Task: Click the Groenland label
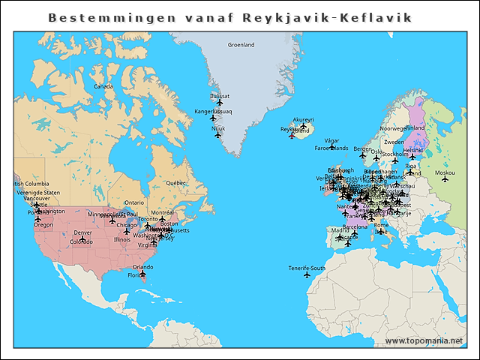click(241, 44)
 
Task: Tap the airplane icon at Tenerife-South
click(307, 275)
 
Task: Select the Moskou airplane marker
click(445, 179)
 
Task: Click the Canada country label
click(103, 86)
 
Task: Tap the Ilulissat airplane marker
click(220, 103)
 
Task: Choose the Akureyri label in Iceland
click(303, 119)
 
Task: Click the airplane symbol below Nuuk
click(218, 135)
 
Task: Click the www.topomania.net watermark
click(424, 341)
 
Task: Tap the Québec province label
click(175, 182)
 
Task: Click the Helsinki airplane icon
click(412, 157)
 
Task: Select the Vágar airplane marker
click(331, 147)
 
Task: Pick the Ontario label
click(134, 202)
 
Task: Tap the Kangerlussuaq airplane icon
click(213, 118)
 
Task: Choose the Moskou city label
click(445, 172)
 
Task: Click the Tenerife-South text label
click(307, 268)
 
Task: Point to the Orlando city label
click(142, 267)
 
